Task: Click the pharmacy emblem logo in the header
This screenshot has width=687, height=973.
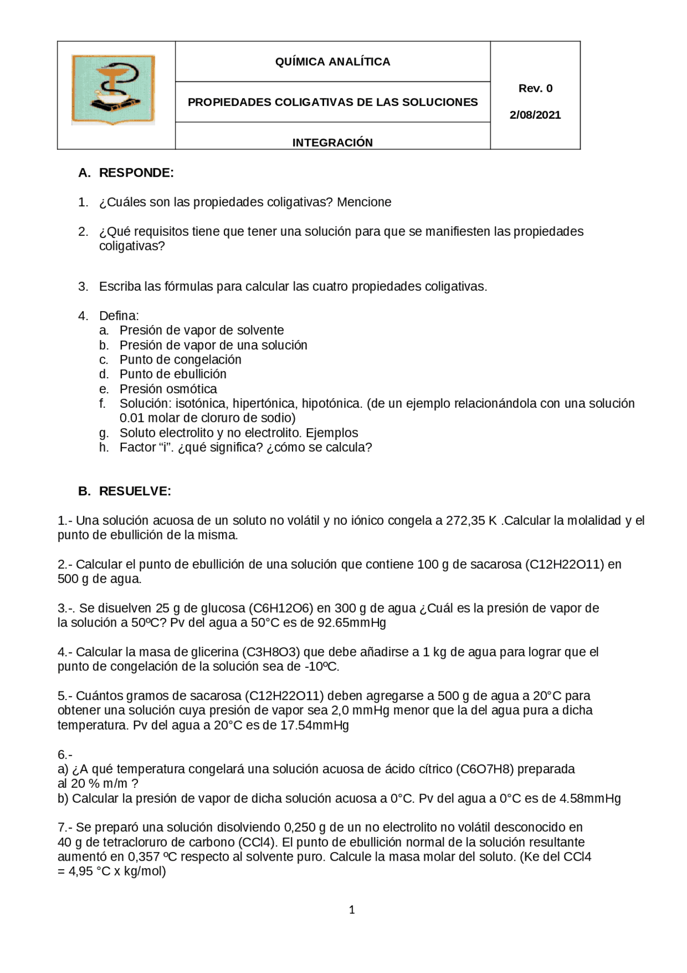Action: pyautogui.click(x=113, y=90)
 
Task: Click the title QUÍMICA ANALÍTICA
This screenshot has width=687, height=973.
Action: pyautogui.click(x=332, y=62)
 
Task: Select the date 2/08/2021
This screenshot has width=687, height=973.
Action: pyautogui.click(x=535, y=115)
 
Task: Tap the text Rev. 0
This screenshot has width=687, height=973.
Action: pyautogui.click(x=535, y=88)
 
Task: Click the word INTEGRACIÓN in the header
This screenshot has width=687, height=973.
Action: pyautogui.click(x=332, y=142)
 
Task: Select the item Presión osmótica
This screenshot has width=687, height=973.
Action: pyautogui.click(x=168, y=389)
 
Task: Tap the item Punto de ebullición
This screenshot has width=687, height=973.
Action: pyautogui.click(x=173, y=374)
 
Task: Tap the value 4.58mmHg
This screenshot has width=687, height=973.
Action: pyautogui.click(x=590, y=799)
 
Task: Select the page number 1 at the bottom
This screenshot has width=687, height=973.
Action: pyautogui.click(x=352, y=910)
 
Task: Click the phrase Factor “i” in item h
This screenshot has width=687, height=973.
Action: pyautogui.click(x=144, y=448)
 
